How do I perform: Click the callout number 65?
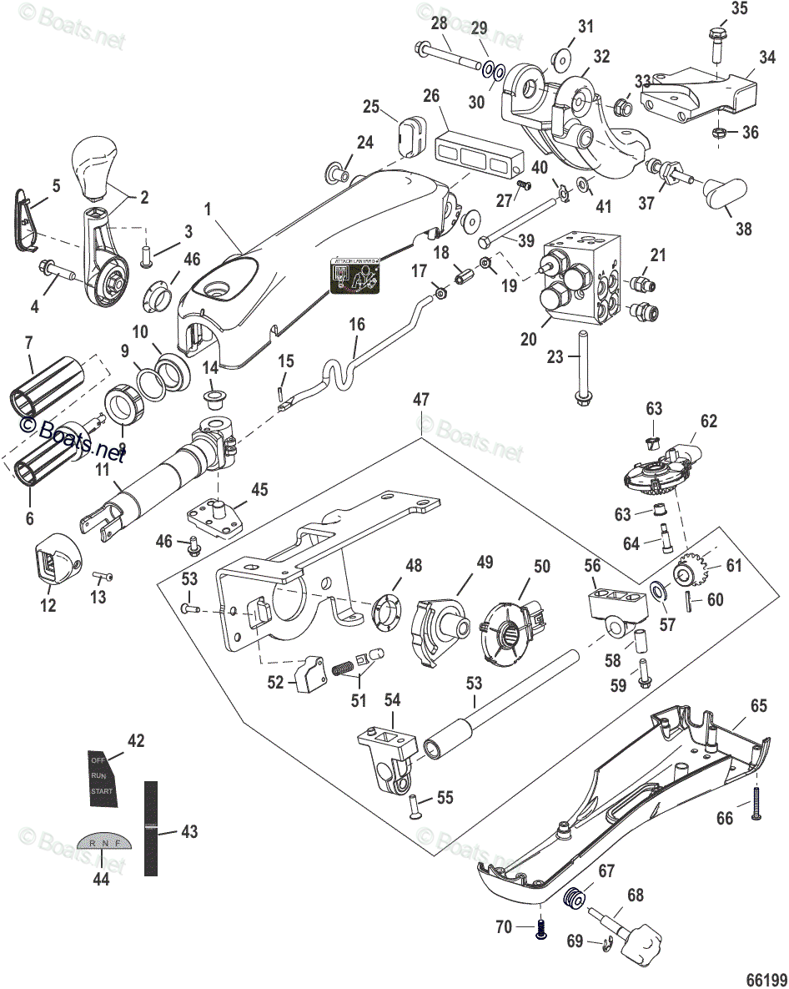[x=758, y=705]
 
